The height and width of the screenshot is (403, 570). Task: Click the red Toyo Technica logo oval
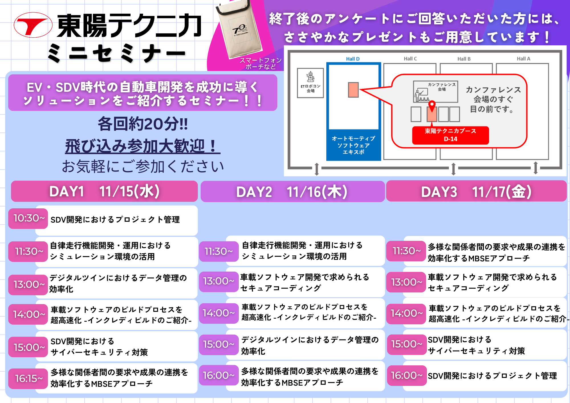point(33,25)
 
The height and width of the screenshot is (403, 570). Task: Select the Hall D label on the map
point(353,59)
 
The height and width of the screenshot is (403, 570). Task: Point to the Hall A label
point(524,59)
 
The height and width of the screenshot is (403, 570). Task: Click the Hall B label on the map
point(464,59)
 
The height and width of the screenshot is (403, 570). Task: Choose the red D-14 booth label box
point(451,135)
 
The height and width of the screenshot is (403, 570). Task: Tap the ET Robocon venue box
point(310,83)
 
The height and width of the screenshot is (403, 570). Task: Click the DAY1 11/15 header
point(104,191)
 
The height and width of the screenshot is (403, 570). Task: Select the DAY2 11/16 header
point(292,192)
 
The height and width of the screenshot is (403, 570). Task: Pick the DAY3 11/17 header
point(477,191)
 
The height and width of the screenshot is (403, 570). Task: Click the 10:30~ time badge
point(28,218)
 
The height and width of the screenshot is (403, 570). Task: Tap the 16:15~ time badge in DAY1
point(28,378)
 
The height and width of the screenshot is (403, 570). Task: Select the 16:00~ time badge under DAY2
point(219,375)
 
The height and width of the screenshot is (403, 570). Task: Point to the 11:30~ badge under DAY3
point(406,251)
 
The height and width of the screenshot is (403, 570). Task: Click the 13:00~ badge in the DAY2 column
point(219,281)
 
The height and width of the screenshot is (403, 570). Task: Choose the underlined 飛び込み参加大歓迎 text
point(142,146)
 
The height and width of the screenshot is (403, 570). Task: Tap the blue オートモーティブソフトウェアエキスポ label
point(353,145)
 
